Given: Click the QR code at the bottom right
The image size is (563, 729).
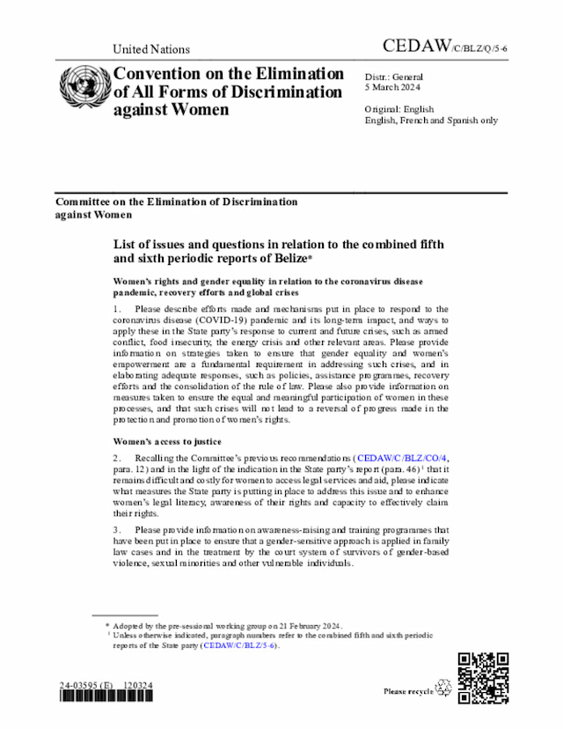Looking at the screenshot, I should tap(483, 677).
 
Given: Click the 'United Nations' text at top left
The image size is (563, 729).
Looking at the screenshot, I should tap(151, 49).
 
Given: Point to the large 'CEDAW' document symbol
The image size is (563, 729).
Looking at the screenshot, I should tap(417, 46).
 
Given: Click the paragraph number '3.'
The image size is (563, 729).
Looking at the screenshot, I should tap(118, 529).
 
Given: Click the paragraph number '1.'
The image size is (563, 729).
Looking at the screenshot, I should tap(118, 309).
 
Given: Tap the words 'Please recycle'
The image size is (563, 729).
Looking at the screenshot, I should tap(408, 691).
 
